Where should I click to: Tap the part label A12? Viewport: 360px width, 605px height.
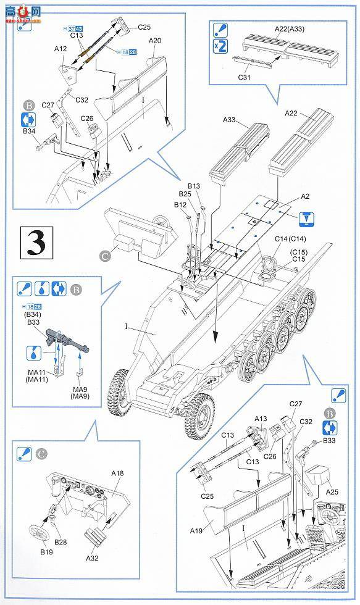60,48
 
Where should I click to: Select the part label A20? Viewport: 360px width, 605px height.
155,41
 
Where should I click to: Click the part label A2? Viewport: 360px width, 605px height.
305,196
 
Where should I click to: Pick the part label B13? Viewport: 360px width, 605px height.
194,186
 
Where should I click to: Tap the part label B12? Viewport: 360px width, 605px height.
180,204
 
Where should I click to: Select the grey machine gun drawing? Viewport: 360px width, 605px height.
67,340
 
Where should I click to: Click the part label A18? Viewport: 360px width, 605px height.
117,473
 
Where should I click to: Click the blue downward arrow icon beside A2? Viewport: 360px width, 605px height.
305,218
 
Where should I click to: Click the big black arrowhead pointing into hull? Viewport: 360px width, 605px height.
215,338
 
